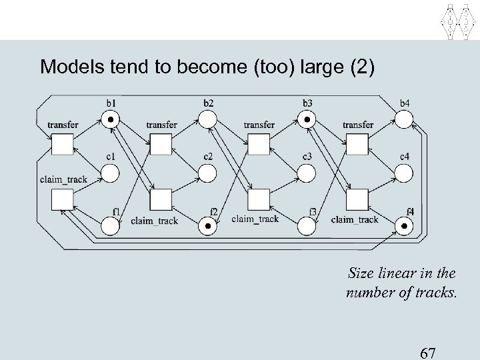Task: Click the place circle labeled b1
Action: coord(110,120)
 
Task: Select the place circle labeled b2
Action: coord(208,120)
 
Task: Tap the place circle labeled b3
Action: coord(306,120)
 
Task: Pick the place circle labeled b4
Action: coord(404,120)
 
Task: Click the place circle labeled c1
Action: coord(110,174)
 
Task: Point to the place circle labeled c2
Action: coord(208,174)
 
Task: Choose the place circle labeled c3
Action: coord(306,174)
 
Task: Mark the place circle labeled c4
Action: coord(404,174)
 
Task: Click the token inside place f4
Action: coord(404,227)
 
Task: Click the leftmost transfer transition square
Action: coord(62,144)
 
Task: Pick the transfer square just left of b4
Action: coord(357,144)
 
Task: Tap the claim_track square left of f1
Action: coord(62,199)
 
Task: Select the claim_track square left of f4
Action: coord(357,199)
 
